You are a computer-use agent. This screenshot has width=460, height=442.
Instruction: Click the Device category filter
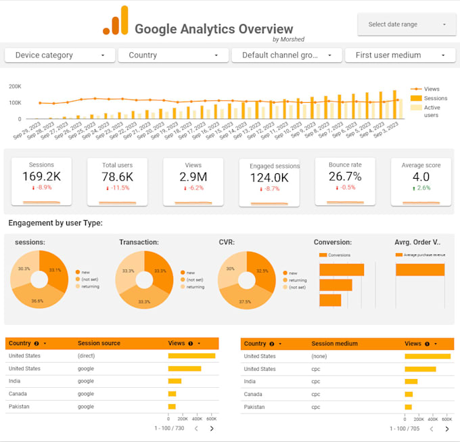pyautogui.click(x=60, y=56)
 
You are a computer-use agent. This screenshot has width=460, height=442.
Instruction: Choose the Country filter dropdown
pyautogui.click(x=173, y=56)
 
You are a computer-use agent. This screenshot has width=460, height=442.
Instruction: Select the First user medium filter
pyautogui.click(x=400, y=56)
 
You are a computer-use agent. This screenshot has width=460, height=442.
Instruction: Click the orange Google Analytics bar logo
pyautogui.click(x=115, y=21)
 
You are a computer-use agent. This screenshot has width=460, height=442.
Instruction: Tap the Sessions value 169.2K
pyautogui.click(x=41, y=177)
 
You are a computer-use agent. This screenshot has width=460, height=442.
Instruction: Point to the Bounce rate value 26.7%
pyautogui.click(x=345, y=177)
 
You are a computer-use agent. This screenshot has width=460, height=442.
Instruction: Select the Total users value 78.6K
pyautogui.click(x=117, y=177)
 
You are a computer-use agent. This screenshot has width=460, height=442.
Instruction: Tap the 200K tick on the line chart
pyautogui.click(x=15, y=87)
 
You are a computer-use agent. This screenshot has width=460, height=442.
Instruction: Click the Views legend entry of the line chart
pyautogui.click(x=431, y=89)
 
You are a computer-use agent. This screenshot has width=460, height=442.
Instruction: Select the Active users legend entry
pyautogui.click(x=431, y=111)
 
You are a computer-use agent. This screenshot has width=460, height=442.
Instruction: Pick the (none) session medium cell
pyautogui.click(x=319, y=356)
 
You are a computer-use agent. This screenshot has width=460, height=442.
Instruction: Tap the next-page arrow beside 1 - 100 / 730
pyautogui.click(x=212, y=428)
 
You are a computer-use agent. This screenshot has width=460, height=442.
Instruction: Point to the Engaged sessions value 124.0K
pyautogui.click(x=269, y=178)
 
